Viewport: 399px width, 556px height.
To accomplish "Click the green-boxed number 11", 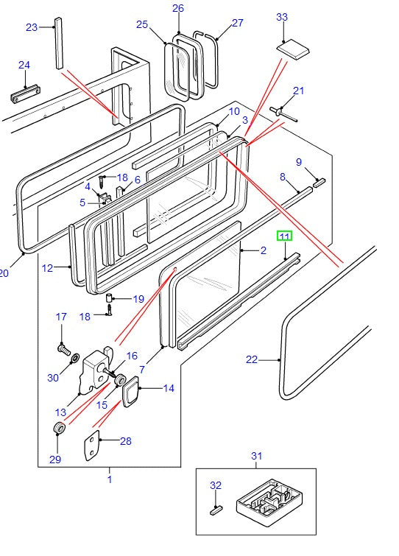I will tap(284, 237).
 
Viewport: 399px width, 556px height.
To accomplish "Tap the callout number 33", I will tap(282, 16).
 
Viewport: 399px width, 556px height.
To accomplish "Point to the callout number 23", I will tap(31, 27).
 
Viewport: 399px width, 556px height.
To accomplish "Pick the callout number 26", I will tap(178, 9).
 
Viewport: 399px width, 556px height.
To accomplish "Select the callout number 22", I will tap(252, 359).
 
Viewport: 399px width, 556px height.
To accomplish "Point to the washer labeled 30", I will tap(74, 358).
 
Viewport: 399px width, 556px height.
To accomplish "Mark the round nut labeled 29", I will tap(59, 429).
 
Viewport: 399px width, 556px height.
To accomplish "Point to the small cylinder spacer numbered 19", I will tap(110, 298).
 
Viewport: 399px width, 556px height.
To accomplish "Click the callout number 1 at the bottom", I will tap(110, 479).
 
